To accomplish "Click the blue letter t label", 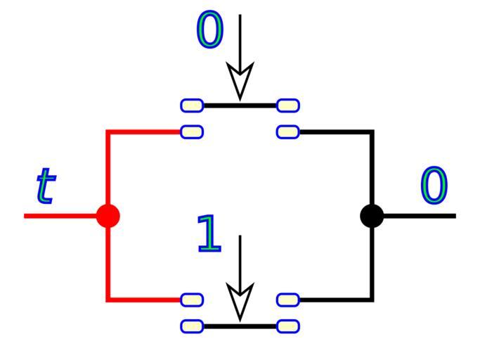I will pos(44,186).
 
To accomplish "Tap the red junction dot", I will pos(107,215).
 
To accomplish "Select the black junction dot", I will pos(372,215).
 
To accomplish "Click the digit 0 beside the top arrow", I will pos(209,30).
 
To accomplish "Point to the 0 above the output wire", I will pos(434,186).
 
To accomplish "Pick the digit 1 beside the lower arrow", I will pos(209,233).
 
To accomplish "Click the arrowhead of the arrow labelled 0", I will pos(240,82).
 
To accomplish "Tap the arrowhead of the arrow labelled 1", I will pos(240,302).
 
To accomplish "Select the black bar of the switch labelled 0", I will pos(240,105).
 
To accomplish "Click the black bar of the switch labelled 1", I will pos(240,326).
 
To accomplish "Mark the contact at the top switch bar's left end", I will pos(192,105).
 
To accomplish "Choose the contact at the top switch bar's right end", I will pos(288,105).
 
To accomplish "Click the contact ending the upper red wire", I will pos(192,131).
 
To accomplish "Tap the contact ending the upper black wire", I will pos(288,131).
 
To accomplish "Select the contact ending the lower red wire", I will pos(192,300).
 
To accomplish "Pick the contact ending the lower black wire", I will pos(288,300).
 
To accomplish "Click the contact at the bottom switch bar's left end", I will pos(192,326).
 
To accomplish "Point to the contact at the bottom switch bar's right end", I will pos(288,326).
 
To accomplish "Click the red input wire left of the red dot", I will pos(60,215).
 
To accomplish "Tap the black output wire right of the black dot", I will pos(422,215).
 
